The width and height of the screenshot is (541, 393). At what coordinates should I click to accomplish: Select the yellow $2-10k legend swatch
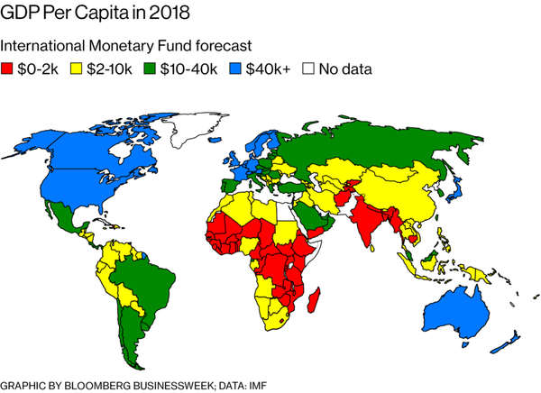tap(78, 69)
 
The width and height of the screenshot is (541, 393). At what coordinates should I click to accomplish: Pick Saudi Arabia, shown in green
tap(310, 215)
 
